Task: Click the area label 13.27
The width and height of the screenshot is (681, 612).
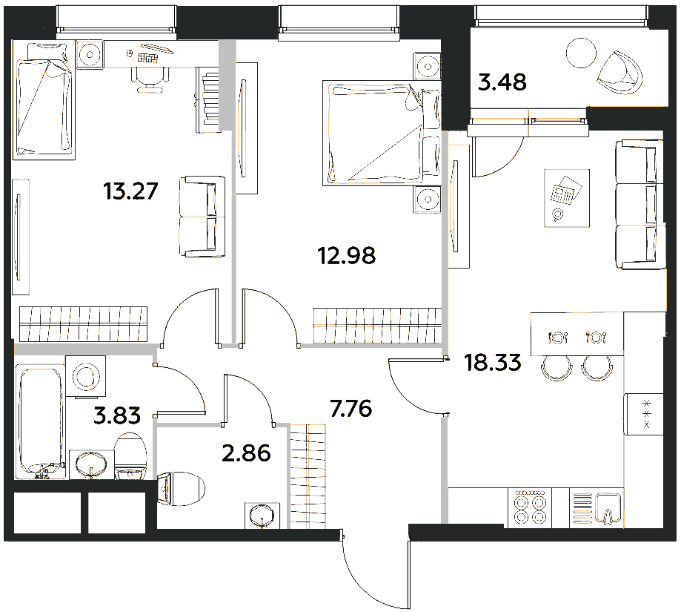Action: coord(130,191)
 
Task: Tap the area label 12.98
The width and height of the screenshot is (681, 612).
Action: coord(347,255)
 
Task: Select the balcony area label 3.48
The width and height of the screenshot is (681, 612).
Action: coord(502,82)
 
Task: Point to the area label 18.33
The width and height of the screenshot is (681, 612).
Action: coord(493,362)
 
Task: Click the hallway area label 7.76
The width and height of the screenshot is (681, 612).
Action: coord(351,409)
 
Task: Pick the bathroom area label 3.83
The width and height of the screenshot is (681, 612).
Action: coord(117,415)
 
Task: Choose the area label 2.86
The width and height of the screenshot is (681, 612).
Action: coord(246,453)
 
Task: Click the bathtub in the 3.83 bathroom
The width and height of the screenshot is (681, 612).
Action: coord(41,421)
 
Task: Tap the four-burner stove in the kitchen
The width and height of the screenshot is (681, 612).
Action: coord(529,507)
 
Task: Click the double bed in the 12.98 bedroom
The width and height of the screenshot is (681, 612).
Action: coord(382,133)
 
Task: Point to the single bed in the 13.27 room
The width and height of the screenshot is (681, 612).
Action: coord(43,99)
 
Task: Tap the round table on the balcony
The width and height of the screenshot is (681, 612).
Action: coord(581,53)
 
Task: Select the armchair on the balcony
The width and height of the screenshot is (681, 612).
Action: coord(619,73)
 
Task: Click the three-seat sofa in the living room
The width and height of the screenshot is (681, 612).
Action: coord(640,204)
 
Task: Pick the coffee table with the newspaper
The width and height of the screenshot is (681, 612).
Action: coord(567,198)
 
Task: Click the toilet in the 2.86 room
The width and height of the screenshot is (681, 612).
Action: coord(180,489)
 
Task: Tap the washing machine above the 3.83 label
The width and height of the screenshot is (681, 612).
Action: coord(85,376)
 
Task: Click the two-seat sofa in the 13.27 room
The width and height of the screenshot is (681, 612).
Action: coord(202,216)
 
